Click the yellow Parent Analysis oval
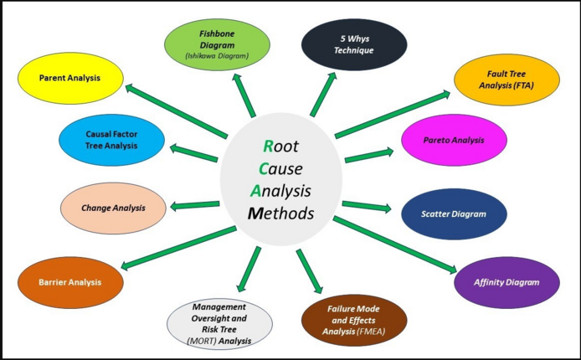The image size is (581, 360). (x=69, y=78)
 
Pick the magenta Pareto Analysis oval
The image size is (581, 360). (x=453, y=141)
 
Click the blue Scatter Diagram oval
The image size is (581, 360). (x=453, y=213)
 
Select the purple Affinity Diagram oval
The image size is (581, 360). (x=506, y=282)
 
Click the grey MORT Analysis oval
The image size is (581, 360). (x=220, y=322)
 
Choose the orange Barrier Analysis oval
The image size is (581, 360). (x=69, y=282)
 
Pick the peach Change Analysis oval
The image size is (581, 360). (x=113, y=208)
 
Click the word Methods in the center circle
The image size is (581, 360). (x=281, y=213)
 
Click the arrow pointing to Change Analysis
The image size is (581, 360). (x=195, y=205)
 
